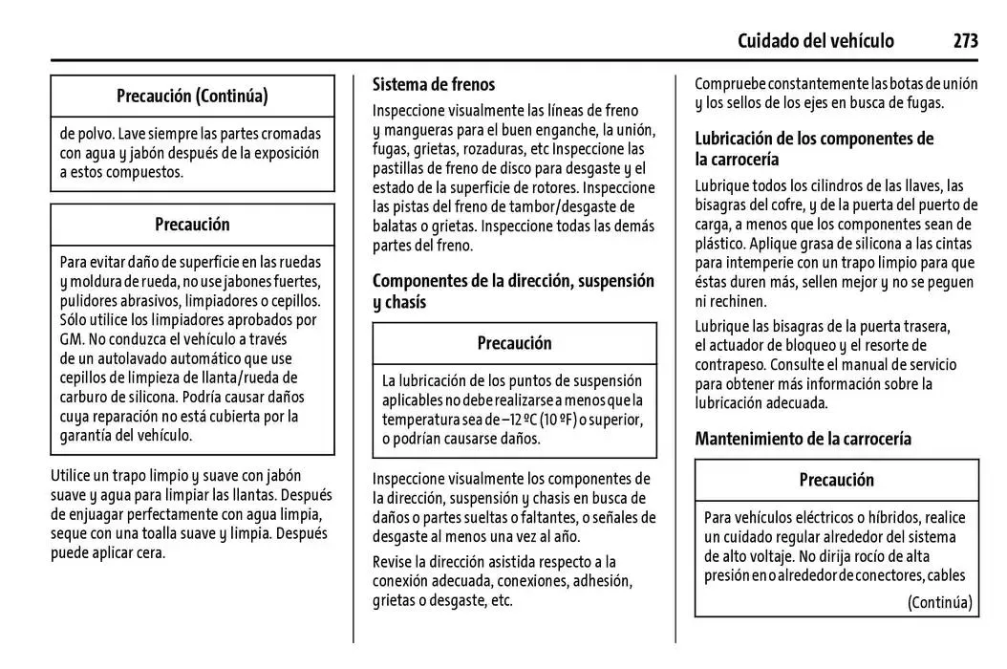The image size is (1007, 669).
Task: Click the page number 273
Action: (965, 40)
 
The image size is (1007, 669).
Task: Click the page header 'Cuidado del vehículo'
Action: (816, 40)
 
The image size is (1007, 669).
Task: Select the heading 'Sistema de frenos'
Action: (434, 84)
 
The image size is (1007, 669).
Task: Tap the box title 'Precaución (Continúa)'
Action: (192, 96)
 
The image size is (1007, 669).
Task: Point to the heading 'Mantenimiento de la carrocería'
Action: (803, 439)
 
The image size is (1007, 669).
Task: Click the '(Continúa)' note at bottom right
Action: (939, 601)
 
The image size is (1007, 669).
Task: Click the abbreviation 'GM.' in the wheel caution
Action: (73, 338)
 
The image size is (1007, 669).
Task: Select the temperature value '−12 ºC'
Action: (508, 420)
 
